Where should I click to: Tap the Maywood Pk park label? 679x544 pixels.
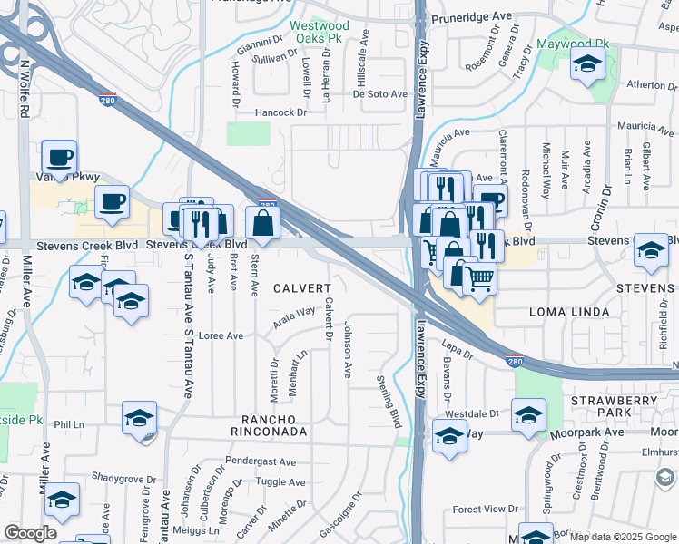(575, 44)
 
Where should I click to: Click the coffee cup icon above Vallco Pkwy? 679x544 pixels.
(59, 157)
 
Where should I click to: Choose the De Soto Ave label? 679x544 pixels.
(380, 93)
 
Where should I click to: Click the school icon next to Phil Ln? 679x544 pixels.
(139, 419)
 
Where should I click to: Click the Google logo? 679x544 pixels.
(30, 533)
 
